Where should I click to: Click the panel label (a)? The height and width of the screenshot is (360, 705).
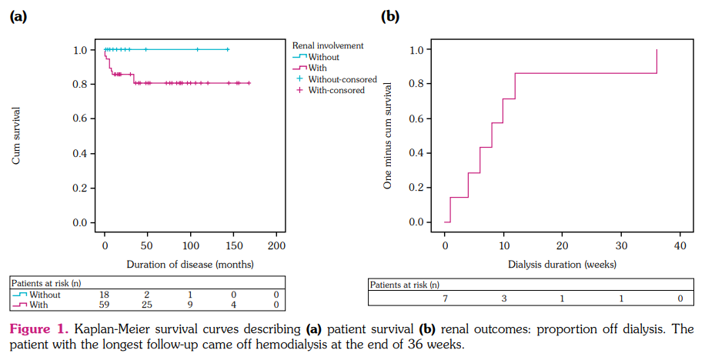[18, 15]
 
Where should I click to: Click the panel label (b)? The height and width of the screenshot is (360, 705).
[391, 15]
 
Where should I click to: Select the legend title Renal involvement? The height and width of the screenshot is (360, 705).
[328, 45]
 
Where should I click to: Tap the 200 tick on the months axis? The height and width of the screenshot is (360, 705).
[276, 245]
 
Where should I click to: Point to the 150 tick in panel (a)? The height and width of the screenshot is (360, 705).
[233, 245]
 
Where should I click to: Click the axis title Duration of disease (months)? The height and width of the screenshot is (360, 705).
[190, 264]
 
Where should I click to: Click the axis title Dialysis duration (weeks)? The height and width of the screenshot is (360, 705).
[562, 264]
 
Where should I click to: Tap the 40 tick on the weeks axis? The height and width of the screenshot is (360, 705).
[679, 245]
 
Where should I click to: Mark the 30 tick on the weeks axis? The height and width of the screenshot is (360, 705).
[620, 245]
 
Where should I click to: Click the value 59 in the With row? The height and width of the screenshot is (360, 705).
[105, 305]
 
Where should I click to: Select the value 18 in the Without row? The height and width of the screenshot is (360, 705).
[105, 294]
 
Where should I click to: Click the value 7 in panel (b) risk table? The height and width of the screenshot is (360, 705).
[446, 298]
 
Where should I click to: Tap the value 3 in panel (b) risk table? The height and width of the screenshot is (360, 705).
[503, 298]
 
